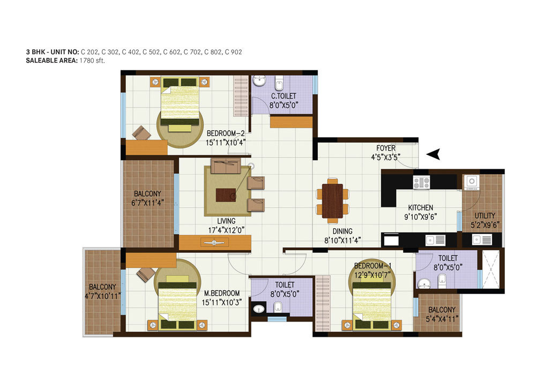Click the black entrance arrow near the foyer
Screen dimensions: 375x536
click(435, 154)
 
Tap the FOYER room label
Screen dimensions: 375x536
click(386, 148)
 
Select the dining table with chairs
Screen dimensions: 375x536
click(332, 201)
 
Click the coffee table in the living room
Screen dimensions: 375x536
click(226, 194)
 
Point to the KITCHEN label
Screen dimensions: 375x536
click(420, 207)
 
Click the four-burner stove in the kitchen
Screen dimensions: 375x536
click(421, 182)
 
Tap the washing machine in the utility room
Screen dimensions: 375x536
click(472, 182)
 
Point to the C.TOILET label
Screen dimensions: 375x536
click(284, 96)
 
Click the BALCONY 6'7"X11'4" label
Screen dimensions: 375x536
click(147, 194)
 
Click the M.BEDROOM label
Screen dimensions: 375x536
click(221, 293)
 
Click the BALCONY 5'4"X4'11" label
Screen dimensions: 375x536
click(442, 310)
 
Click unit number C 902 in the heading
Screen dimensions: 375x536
click(235, 52)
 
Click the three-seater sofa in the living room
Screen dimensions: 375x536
click(226, 167)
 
